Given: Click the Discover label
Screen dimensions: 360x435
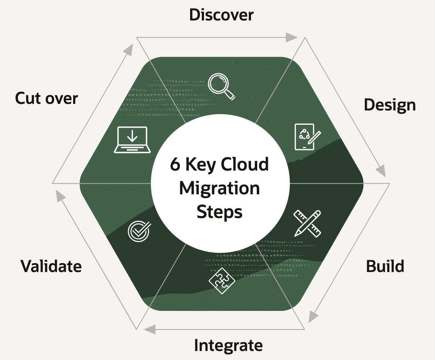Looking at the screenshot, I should tap(221, 15).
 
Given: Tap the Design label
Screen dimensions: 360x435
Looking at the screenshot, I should tap(390, 105).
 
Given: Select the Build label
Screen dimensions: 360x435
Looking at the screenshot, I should tap(385, 266).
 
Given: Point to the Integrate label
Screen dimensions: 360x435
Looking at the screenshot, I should tap(228, 346).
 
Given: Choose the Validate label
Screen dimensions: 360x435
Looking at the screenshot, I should tap(51, 266).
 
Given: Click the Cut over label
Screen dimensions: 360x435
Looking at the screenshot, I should tap(46, 99).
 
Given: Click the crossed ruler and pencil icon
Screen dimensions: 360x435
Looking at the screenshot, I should tap(307, 223).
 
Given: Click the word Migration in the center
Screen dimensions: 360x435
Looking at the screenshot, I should tap(220, 189).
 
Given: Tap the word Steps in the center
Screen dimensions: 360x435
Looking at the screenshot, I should tap(220, 212).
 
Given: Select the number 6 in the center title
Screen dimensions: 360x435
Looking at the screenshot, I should tap(175, 165).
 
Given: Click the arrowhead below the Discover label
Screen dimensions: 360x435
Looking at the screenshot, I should tap(292, 37).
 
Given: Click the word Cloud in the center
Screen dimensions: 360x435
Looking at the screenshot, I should tap(244, 165).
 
